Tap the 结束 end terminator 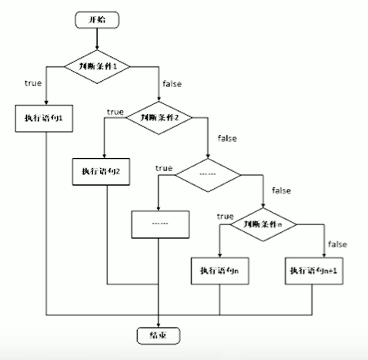click(157, 335)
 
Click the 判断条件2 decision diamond click(158, 118)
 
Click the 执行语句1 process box click(46, 118)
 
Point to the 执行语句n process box click(219, 272)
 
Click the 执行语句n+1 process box click(313, 272)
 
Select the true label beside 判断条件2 click(115, 112)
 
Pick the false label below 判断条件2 click(227, 138)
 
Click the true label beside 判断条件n click(225, 216)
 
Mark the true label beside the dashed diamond click(163, 167)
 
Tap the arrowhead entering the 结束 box click(158, 324)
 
